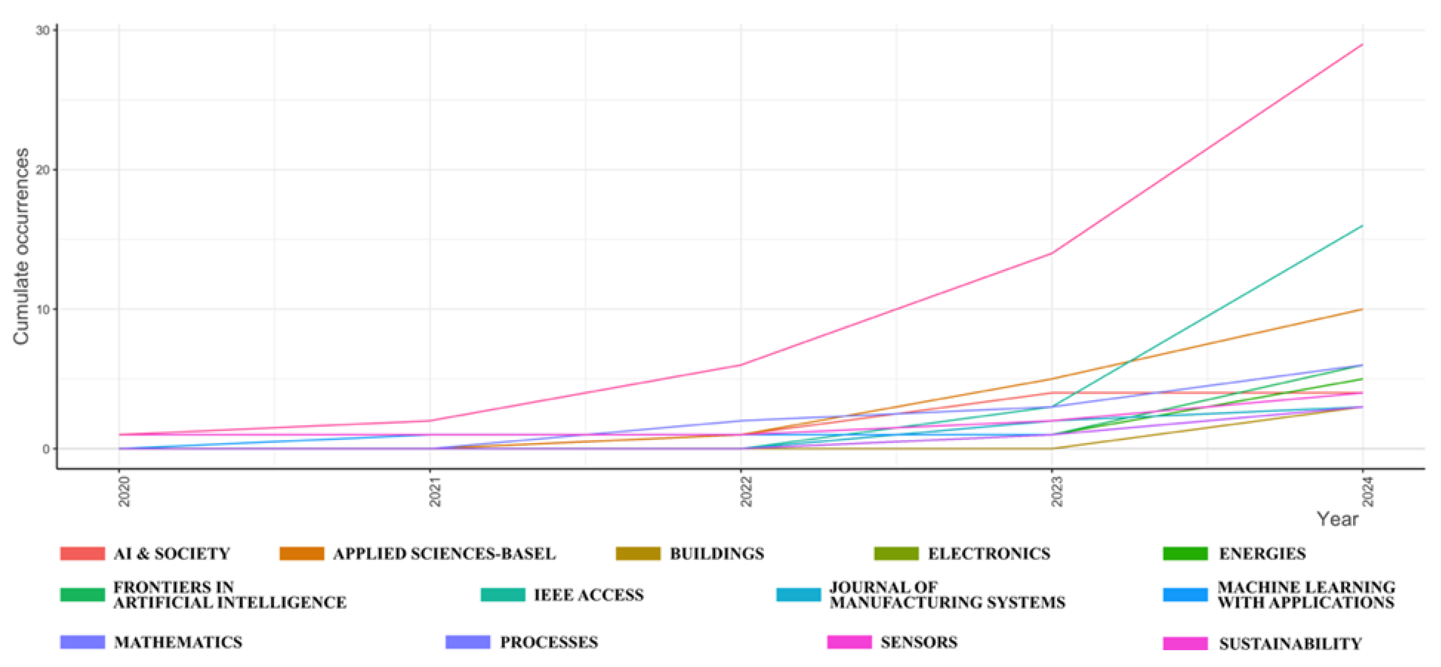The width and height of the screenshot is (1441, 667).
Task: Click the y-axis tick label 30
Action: [43, 30]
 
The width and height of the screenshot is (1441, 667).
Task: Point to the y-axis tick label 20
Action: [43, 170]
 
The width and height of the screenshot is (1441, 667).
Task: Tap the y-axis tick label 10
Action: [43, 309]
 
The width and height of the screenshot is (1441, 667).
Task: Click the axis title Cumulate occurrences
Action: [21, 246]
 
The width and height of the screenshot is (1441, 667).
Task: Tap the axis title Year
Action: [1337, 519]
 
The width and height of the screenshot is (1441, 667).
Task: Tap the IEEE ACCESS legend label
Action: [588, 595]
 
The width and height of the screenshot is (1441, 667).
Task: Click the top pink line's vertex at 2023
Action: [1051, 253]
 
